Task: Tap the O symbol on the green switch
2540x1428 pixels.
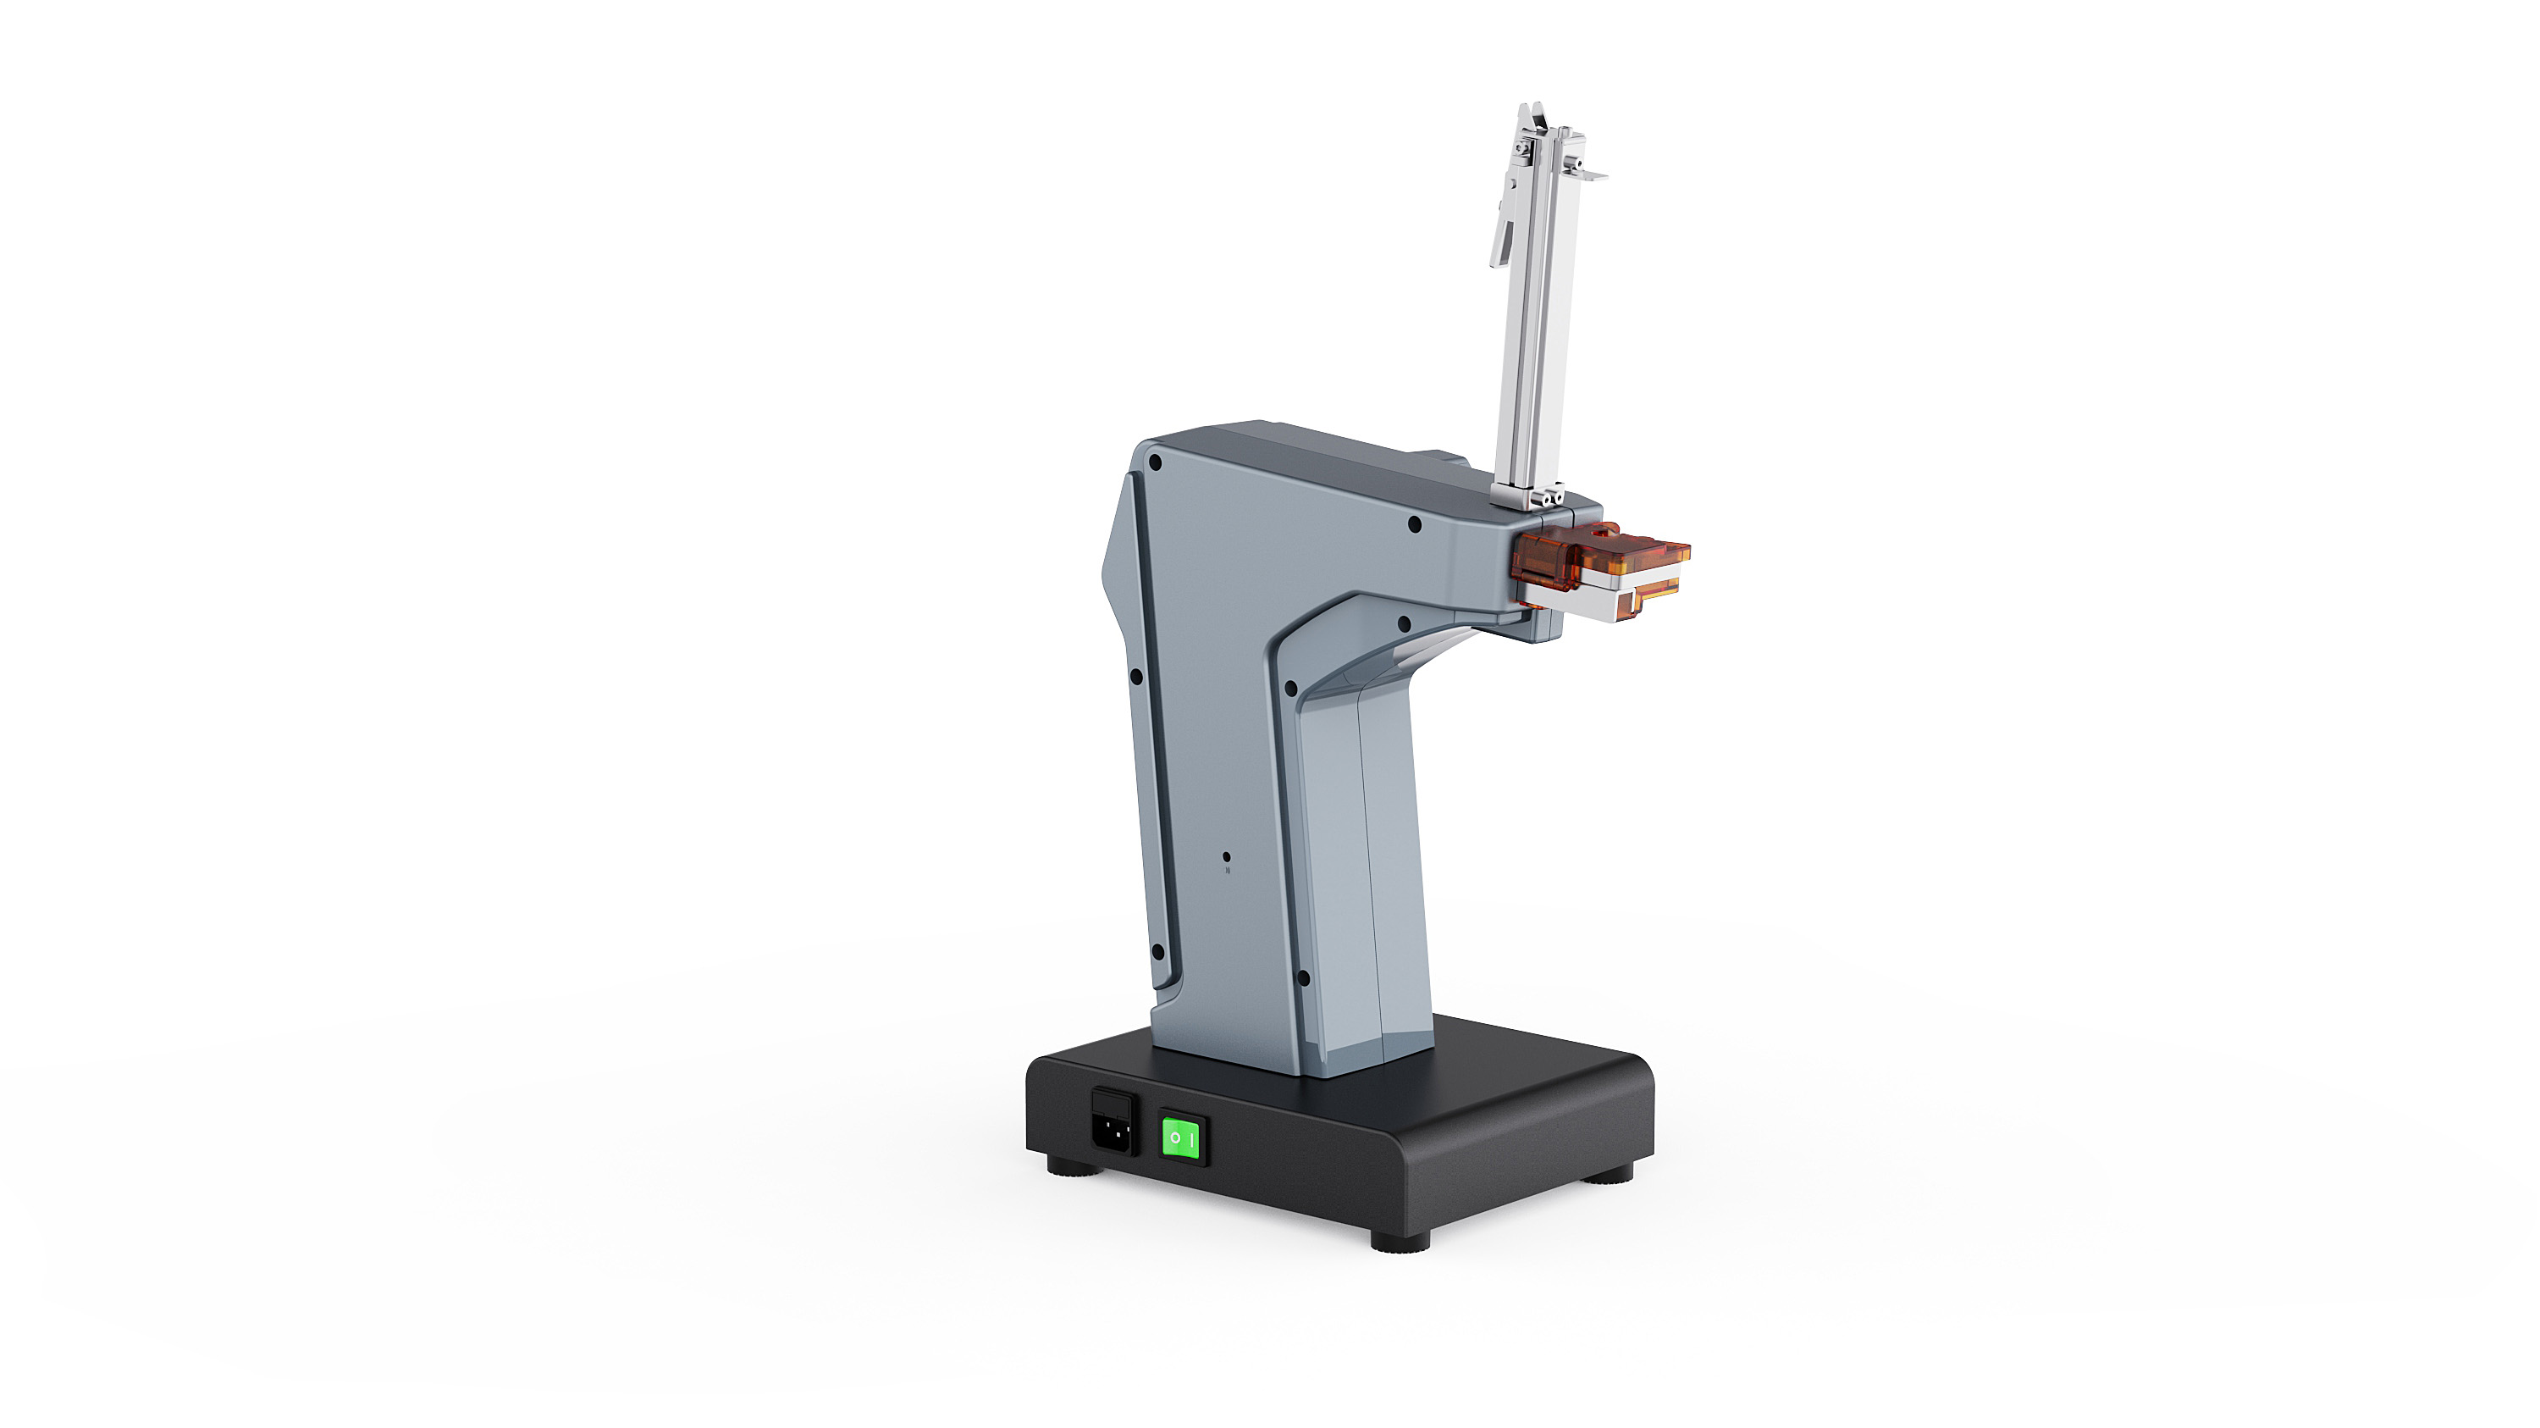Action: (1174, 1139)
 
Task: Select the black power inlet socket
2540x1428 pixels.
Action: (1115, 1122)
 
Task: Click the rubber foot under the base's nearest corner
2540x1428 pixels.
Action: (1400, 1242)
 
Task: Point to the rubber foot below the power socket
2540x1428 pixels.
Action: (1074, 1170)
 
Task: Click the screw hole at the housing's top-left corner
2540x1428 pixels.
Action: (1156, 462)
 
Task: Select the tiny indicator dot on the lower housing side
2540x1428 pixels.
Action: (1227, 858)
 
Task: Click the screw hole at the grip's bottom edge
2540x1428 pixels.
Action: (1302, 978)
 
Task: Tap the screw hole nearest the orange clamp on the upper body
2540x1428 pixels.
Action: (1415, 524)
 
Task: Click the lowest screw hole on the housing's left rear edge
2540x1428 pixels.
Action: (1158, 953)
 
